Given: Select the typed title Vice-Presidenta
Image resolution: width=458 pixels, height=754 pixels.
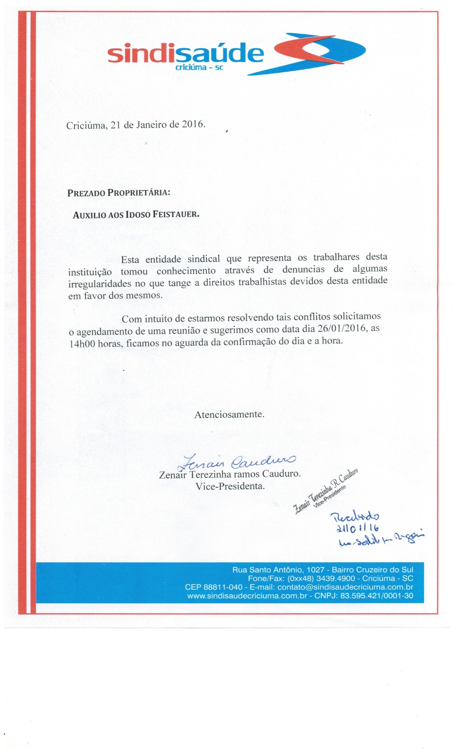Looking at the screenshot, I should click(230, 486).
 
